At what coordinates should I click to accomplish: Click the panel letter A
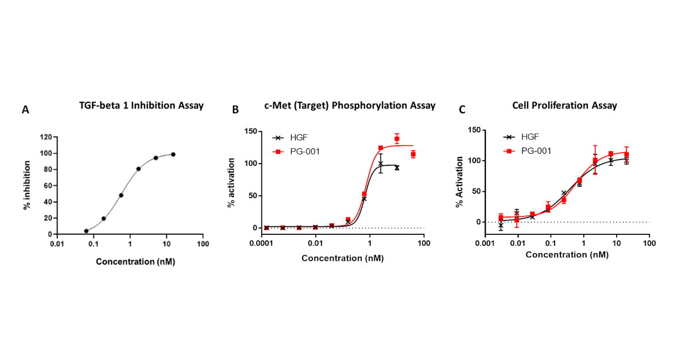(x=25, y=109)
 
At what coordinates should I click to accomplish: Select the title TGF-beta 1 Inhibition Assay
(x=141, y=105)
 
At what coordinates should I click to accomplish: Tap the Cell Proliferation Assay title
(x=564, y=105)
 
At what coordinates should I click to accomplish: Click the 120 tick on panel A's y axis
(x=45, y=137)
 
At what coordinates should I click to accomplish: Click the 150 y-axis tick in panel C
(x=474, y=130)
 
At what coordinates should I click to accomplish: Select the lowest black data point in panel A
(x=86, y=231)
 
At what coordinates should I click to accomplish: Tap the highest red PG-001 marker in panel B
(x=397, y=139)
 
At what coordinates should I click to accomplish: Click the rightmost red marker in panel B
(x=413, y=154)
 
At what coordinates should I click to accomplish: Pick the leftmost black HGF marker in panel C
(x=501, y=226)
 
